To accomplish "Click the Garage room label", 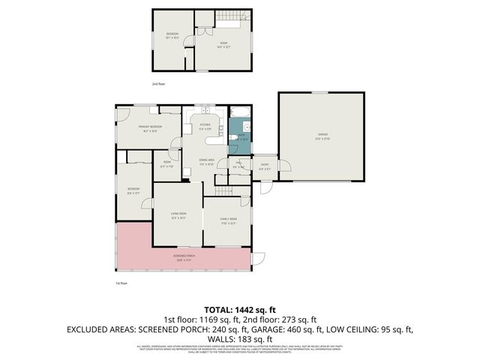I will pos(322,136).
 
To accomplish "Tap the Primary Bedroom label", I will pos(148,129).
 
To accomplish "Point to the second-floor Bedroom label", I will pos(172,35).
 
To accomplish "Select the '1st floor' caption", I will pos(121,283).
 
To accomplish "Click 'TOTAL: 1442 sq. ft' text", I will pos(240,309).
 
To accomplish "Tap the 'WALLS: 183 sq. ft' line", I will pos(240,339).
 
